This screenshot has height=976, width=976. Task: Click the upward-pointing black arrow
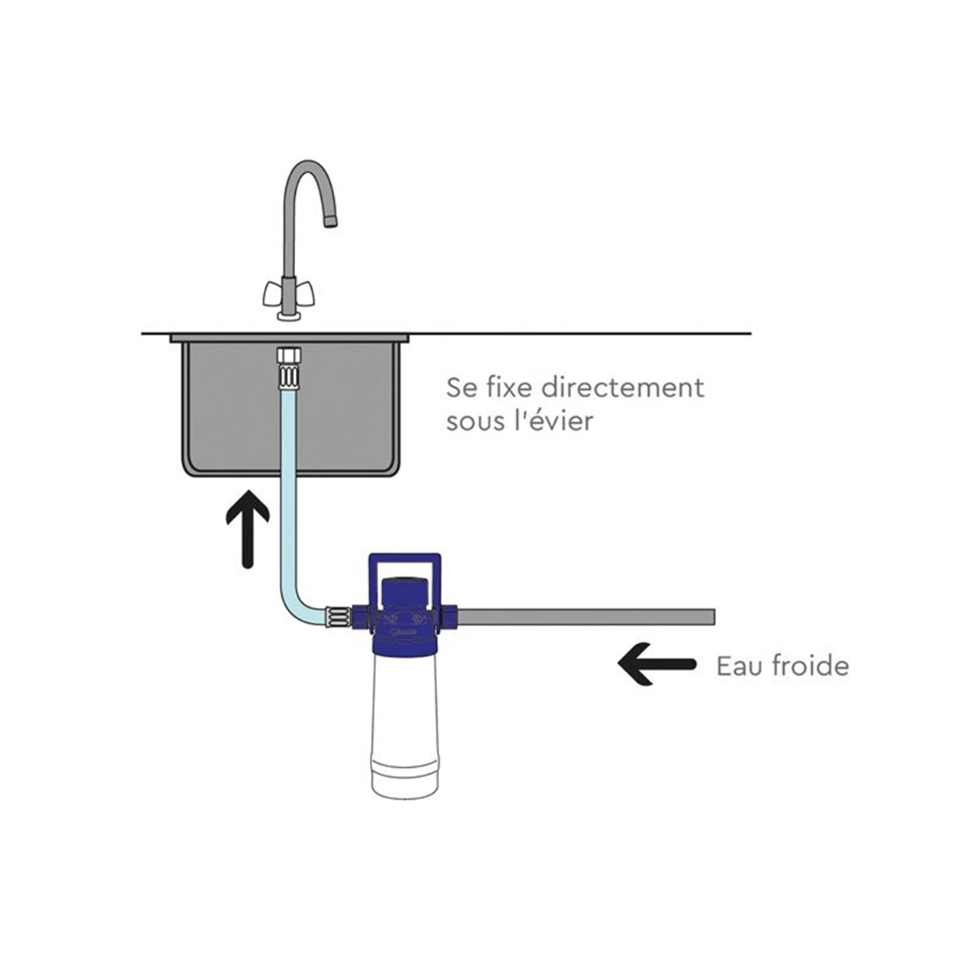pyautogui.click(x=247, y=529)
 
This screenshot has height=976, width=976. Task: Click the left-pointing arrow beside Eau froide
pyautogui.click(x=656, y=664)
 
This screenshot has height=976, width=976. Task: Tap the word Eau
pyautogui.click(x=738, y=666)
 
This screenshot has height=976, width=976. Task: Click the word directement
pyautogui.click(x=622, y=387)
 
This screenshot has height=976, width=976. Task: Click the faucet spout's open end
pyautogui.click(x=330, y=221)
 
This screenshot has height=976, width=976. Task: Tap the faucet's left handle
pyautogui.click(x=273, y=294)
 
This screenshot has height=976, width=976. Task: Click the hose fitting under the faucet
pyautogui.click(x=289, y=367)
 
